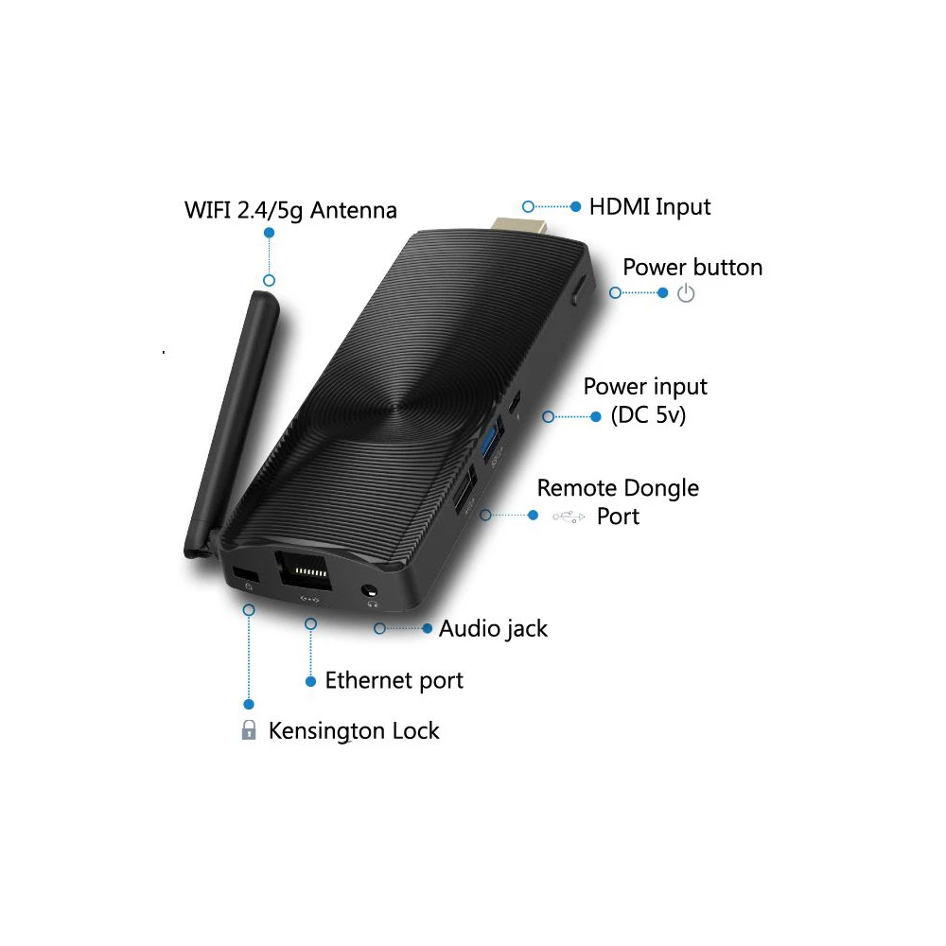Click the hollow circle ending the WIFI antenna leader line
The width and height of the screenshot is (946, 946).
click(x=269, y=281)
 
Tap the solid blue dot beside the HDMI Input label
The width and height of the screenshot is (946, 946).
click(x=575, y=207)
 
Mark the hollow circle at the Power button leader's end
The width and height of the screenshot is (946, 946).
click(x=615, y=292)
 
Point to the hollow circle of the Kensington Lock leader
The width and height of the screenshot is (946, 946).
click(x=249, y=610)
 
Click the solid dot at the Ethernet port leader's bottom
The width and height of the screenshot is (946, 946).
click(x=310, y=682)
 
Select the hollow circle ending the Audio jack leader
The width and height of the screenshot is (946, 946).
click(x=379, y=629)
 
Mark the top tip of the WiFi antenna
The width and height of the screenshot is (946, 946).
click(x=266, y=293)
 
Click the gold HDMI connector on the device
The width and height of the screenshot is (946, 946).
click(x=519, y=226)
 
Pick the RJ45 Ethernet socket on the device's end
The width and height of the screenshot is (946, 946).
click(x=304, y=569)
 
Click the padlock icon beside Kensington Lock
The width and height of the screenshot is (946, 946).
click(x=248, y=730)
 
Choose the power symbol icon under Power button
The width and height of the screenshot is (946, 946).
click(x=686, y=294)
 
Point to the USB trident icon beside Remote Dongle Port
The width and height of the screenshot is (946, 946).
click(x=569, y=517)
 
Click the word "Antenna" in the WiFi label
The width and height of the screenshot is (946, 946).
click(x=354, y=211)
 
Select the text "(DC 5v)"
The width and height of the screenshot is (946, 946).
click(x=648, y=415)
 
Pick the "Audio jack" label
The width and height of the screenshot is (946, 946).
click(x=493, y=629)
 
